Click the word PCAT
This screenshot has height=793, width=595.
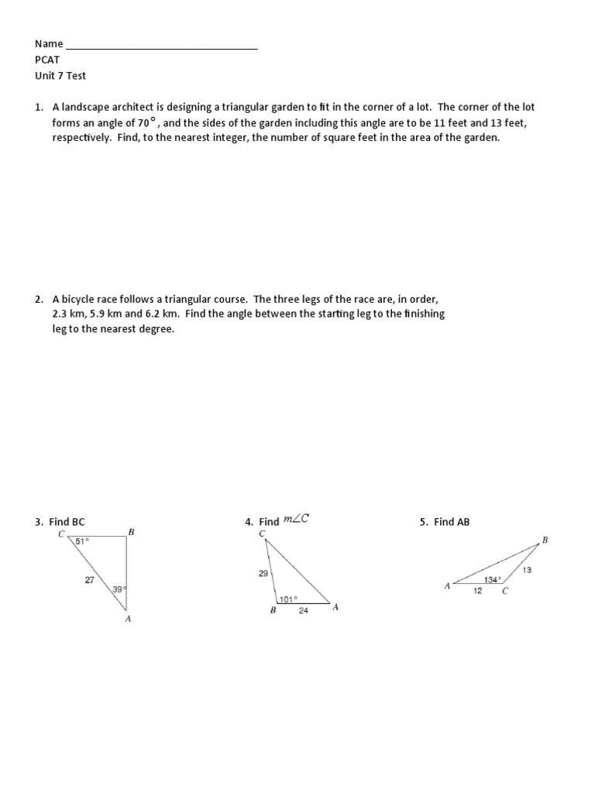click(x=47, y=60)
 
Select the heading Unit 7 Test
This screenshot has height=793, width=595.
click(x=60, y=76)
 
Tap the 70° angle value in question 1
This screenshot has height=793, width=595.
click(x=147, y=122)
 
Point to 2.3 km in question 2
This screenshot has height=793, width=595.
click(x=67, y=314)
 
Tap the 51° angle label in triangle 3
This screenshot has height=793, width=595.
click(x=82, y=541)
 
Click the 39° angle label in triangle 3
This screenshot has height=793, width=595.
click(x=119, y=589)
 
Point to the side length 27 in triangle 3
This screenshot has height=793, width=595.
click(x=89, y=578)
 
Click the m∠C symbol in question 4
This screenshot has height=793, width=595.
click(x=296, y=519)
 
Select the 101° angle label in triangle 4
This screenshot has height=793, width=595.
click(x=289, y=599)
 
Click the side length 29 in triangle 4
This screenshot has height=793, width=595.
click(x=263, y=573)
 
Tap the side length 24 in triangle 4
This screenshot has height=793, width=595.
click(x=304, y=610)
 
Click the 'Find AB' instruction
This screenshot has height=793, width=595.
click(x=452, y=522)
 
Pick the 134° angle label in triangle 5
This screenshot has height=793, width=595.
click(x=493, y=580)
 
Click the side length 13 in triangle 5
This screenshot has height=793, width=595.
click(x=527, y=570)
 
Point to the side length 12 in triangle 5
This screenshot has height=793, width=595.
click(x=477, y=591)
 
